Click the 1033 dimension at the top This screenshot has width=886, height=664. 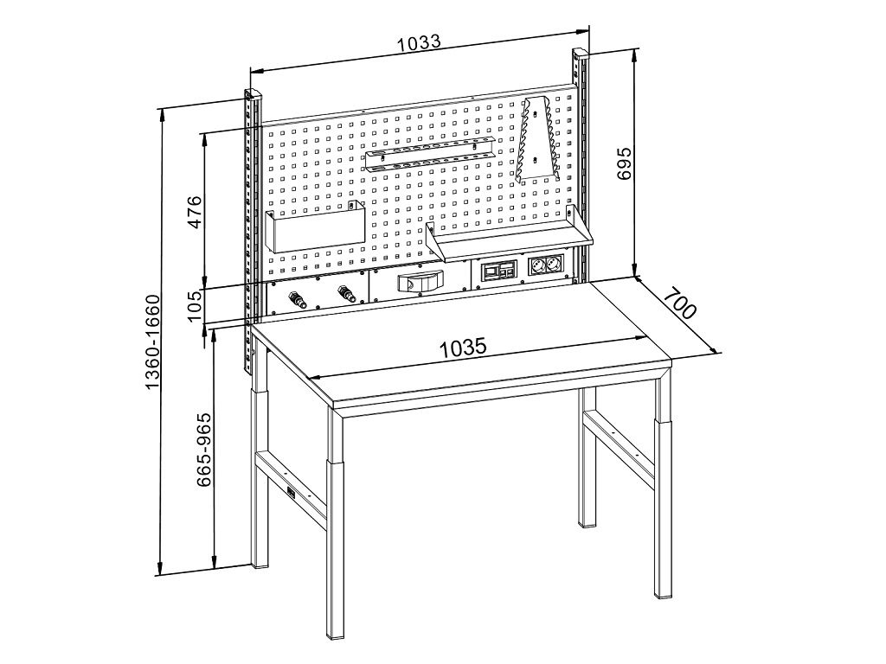pos(419,43)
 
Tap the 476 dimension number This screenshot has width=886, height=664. pos(194,212)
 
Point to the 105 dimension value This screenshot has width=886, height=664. pos(195,305)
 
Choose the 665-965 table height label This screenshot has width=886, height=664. pos(203,450)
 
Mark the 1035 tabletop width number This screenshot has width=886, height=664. pos(463,348)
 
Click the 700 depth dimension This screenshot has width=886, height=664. pos(680,303)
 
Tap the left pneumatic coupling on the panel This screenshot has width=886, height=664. pos(297,298)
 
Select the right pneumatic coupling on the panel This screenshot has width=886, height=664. pos(344,294)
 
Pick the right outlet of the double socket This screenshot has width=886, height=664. pos(553,265)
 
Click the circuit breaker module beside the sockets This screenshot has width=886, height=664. pos(498,270)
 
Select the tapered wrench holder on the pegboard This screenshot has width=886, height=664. pos(536,140)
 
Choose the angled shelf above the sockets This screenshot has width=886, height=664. pos(510,235)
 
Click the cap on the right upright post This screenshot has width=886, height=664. pos(581,54)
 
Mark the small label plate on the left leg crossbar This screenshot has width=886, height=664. pos(292,492)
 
